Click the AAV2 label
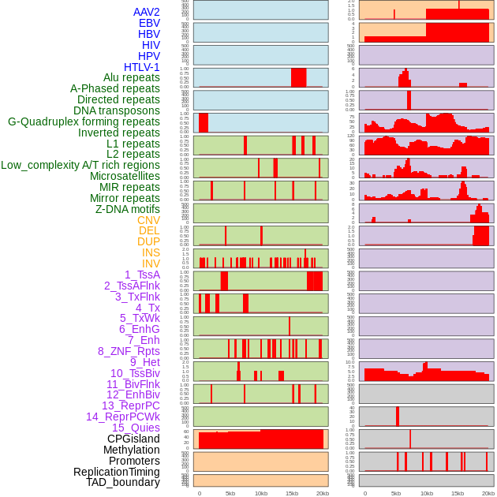click(146, 12)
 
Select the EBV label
click(148, 23)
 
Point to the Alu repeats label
click(131, 77)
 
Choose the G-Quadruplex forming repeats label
click(84, 121)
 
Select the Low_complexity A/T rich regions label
click(80, 165)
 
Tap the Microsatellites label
click(125, 176)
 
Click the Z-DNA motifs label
click(127, 209)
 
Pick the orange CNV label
click(148, 220)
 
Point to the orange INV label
click(151, 263)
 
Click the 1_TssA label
click(142, 275)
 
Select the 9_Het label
click(144, 362)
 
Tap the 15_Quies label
click(136, 428)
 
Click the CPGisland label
click(133, 439)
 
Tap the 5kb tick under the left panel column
click(230, 493)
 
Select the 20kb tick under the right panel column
click(488, 493)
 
